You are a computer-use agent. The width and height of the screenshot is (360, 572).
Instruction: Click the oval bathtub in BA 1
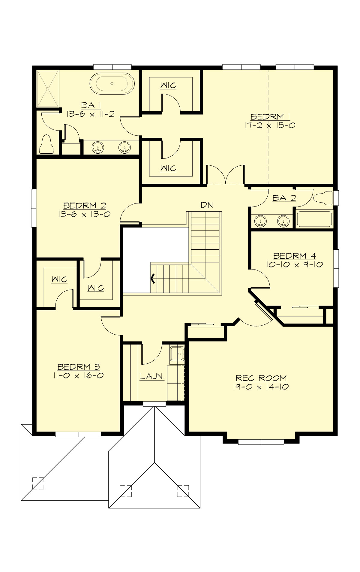pos(112,83)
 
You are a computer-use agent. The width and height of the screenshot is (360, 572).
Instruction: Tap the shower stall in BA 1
pos(48,89)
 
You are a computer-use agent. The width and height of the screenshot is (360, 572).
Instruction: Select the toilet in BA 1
pos(46,145)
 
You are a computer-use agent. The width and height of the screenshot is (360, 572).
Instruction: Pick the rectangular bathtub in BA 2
pos(314,219)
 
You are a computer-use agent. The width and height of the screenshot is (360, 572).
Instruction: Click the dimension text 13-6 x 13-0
pos(84,214)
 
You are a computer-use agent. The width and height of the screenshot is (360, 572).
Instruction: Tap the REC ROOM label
pos(261,378)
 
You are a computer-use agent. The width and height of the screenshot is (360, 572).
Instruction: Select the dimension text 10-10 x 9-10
pos(294,264)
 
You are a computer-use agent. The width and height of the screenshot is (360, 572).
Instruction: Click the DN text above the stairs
pos(206,205)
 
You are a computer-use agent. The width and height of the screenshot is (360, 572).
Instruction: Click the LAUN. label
pos(152,376)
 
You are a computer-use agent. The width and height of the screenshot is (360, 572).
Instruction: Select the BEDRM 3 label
pos(79,367)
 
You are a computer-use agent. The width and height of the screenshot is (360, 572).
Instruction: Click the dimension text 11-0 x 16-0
pos(80,375)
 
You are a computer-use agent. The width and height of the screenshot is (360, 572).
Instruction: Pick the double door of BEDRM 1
pos(226,175)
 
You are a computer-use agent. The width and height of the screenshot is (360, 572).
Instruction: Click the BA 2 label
pos(284,198)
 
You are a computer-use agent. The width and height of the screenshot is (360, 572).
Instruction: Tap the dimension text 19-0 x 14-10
pos(261,387)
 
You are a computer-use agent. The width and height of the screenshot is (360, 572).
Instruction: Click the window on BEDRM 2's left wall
pos(34,208)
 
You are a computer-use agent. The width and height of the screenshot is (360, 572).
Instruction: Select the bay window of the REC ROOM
pos(261,442)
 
